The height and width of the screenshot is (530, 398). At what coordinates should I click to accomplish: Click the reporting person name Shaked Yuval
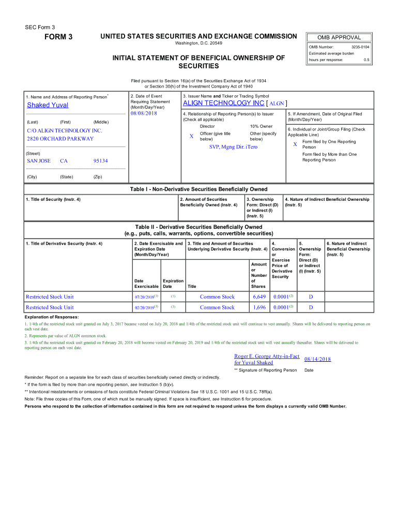pyautogui.click(x=48, y=105)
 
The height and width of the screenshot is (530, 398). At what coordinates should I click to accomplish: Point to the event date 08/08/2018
pyautogui.click(x=144, y=113)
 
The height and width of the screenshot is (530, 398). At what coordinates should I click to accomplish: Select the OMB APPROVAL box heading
pyautogui.click(x=339, y=37)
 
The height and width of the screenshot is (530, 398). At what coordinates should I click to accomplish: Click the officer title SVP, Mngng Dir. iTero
pyautogui.click(x=233, y=147)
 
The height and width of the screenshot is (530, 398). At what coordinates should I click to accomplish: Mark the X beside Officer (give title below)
pyautogui.click(x=191, y=136)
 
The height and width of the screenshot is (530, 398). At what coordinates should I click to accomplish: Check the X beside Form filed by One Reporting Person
pyautogui.click(x=295, y=144)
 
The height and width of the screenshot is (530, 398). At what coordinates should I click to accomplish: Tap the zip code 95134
pyautogui.click(x=100, y=161)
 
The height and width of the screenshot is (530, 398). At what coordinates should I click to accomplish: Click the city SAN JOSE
pyautogui.click(x=39, y=161)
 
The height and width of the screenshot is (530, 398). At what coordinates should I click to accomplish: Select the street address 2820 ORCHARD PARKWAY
pyautogui.click(x=60, y=139)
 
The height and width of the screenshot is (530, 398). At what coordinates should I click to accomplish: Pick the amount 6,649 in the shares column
pyautogui.click(x=259, y=297)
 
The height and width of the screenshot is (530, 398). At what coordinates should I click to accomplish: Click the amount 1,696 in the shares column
pyautogui.click(x=259, y=307)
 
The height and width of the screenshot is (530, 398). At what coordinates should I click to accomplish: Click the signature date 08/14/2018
pyautogui.click(x=317, y=359)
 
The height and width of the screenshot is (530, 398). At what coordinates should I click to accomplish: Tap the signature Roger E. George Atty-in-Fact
pyautogui.click(x=267, y=357)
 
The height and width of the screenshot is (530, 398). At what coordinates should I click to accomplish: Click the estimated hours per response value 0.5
pyautogui.click(x=366, y=60)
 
